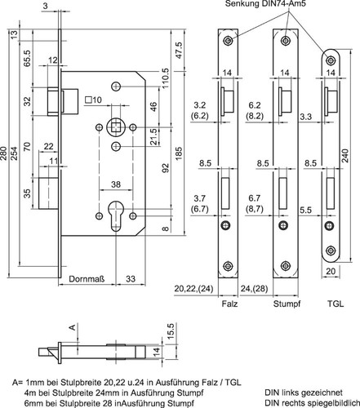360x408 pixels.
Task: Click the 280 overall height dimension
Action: pos(3,153)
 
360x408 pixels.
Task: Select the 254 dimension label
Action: pos(14,153)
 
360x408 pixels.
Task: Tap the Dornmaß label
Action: pos(87,279)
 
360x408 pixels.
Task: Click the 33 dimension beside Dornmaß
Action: pos(131,279)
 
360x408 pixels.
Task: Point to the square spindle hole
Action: pos(116,127)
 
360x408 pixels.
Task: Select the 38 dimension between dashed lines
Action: pos(116,184)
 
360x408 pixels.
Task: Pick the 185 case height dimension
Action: pos(179,153)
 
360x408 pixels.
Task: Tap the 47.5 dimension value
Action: pos(179,50)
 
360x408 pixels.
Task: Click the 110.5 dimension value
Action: pos(166,79)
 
